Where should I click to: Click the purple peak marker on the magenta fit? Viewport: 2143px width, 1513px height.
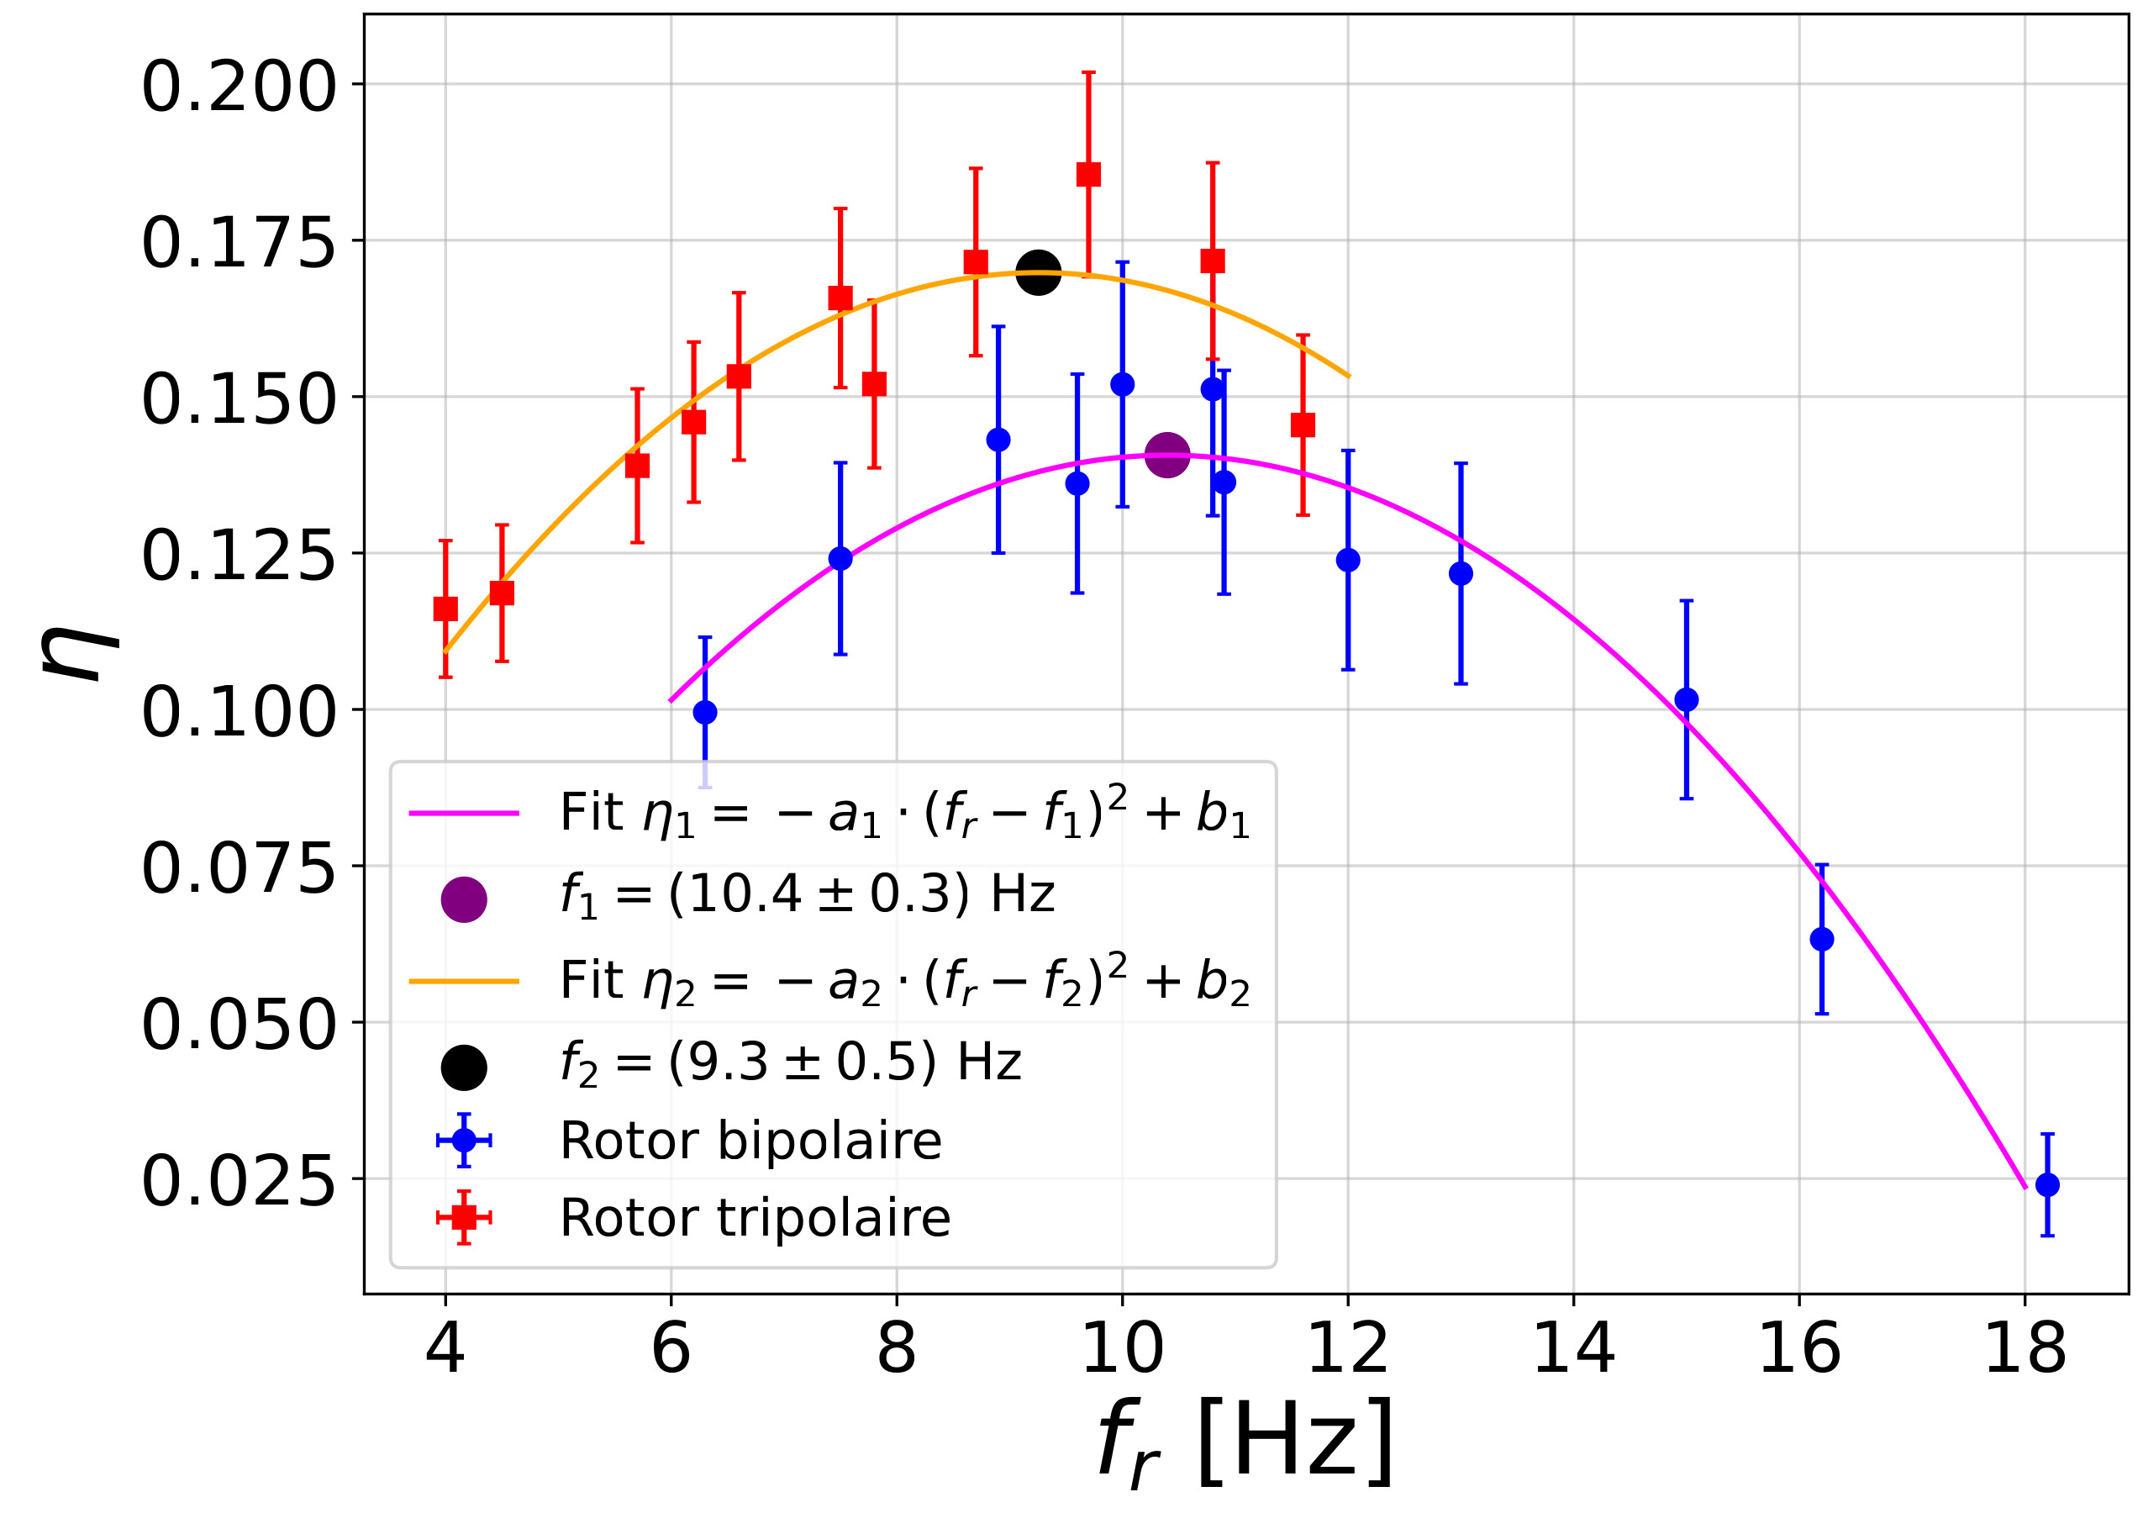point(1166,455)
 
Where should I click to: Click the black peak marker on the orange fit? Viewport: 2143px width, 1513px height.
point(1038,272)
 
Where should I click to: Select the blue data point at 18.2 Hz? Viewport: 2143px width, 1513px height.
point(2047,1184)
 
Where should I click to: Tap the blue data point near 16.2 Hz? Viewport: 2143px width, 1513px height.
point(1821,939)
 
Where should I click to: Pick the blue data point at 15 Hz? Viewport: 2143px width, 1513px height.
point(1687,699)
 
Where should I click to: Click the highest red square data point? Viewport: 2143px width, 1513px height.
point(1088,175)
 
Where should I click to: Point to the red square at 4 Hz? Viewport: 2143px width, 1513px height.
point(445,609)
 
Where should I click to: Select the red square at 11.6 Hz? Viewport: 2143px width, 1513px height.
point(1303,424)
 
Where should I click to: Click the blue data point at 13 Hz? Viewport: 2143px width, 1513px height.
point(1461,573)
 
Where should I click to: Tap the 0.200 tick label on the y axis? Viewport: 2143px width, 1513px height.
point(238,87)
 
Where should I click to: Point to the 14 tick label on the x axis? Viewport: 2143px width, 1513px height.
point(1574,1349)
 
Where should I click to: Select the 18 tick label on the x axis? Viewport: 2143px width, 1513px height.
point(2025,1349)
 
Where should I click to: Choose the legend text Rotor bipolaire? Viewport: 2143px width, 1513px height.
point(750,1141)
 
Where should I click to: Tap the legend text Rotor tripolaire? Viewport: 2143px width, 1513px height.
point(755,1217)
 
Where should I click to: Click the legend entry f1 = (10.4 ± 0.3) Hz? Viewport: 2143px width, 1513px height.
point(808,894)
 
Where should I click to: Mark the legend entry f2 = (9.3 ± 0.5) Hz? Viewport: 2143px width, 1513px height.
point(791,1062)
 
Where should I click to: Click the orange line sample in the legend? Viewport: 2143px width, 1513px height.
point(464,981)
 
